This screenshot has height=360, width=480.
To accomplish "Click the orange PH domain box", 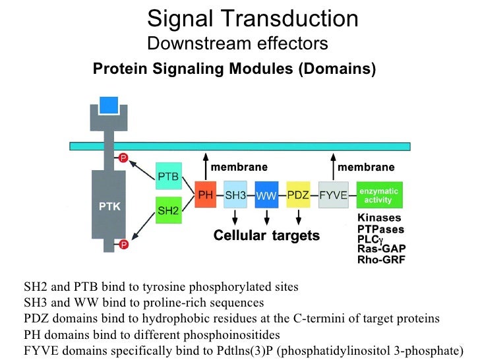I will click(205, 195).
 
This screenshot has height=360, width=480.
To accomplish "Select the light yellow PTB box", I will click(167, 175).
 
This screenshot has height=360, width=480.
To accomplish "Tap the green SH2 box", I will click(167, 210).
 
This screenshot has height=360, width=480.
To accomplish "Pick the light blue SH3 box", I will click(236, 195).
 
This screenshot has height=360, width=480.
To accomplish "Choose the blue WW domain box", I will click(266, 195).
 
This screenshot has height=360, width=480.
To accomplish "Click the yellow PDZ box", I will click(299, 195).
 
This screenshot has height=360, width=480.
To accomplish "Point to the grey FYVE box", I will click(334, 195).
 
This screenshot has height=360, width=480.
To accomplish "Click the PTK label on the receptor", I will click(109, 207).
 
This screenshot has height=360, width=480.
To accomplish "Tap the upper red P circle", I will click(123, 158).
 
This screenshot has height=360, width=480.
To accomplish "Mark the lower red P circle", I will click(123, 244).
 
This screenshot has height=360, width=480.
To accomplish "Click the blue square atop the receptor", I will click(108, 105).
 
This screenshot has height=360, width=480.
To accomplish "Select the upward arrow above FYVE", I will click(332, 169).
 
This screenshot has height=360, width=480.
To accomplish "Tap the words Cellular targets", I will click(266, 235).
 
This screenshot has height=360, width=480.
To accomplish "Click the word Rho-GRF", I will click(381, 260).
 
